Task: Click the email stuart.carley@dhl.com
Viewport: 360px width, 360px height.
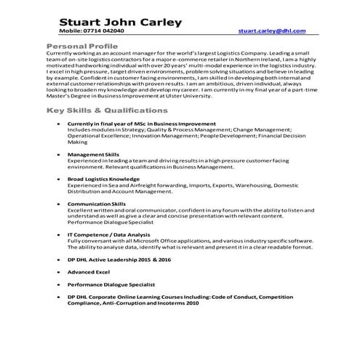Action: tap(272, 31)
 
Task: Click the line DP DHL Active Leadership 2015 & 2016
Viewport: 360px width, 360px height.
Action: tap(119, 258)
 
